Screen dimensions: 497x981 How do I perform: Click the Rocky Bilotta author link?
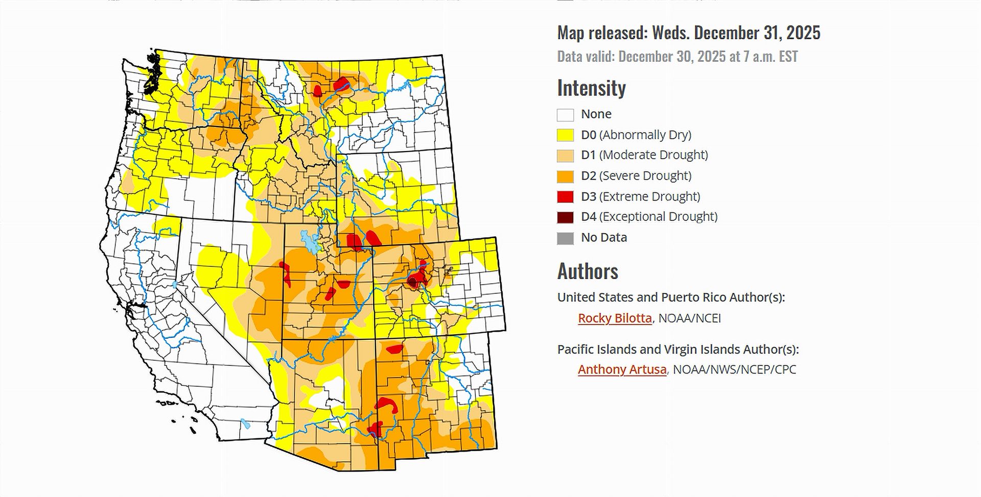pyautogui.click(x=615, y=318)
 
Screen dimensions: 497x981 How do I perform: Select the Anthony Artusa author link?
pyautogui.click(x=622, y=369)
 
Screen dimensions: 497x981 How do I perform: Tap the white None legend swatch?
pyautogui.click(x=565, y=114)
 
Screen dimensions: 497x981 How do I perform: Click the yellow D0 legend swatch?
pyautogui.click(x=565, y=135)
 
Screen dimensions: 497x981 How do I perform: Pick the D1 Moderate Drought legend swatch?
pyautogui.click(x=565, y=155)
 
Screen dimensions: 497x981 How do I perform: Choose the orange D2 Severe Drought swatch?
pyautogui.click(x=565, y=176)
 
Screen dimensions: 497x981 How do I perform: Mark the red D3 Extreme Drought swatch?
pyautogui.click(x=565, y=196)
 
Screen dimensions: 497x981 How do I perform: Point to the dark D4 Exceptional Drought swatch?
pyautogui.click(x=565, y=217)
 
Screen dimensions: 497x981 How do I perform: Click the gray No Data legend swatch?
pyautogui.click(x=565, y=238)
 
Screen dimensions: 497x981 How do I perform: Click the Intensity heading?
pyautogui.click(x=591, y=88)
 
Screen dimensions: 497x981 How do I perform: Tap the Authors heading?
pyautogui.click(x=588, y=271)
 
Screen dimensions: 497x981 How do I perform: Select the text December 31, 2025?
pyautogui.click(x=757, y=33)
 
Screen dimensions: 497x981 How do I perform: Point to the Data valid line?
pyautogui.click(x=677, y=56)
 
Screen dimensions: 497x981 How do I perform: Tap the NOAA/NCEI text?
pyautogui.click(x=689, y=318)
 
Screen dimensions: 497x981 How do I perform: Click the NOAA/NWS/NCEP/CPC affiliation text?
pyautogui.click(x=734, y=369)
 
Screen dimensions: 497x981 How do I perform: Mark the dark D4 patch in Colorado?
pyautogui.click(x=412, y=282)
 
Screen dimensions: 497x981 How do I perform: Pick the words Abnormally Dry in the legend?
pyautogui.click(x=645, y=135)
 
